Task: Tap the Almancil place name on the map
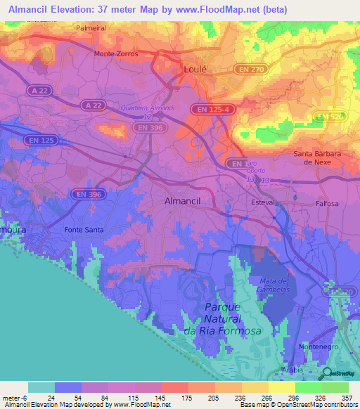182,200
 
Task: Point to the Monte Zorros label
116,53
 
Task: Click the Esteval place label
264,202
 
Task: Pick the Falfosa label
326,204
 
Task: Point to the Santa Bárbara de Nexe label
322,157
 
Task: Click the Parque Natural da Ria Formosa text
222,319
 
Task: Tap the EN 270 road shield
259,70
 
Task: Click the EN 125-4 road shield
212,109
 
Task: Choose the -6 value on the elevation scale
25,398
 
